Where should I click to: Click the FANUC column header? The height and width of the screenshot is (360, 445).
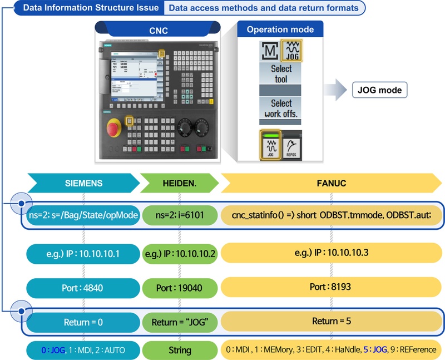click(x=332, y=183)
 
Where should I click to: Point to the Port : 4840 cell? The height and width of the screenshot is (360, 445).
click(x=82, y=289)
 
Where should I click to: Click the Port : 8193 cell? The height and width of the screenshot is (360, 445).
click(x=332, y=289)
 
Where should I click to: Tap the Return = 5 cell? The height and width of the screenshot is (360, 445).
click(x=332, y=322)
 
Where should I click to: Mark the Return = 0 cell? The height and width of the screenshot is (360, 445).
click(x=82, y=322)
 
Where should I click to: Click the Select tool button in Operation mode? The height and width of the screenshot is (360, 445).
click(x=281, y=73)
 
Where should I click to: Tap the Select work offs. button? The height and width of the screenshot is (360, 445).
click(x=281, y=108)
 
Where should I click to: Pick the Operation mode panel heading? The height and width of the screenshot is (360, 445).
click(x=280, y=29)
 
